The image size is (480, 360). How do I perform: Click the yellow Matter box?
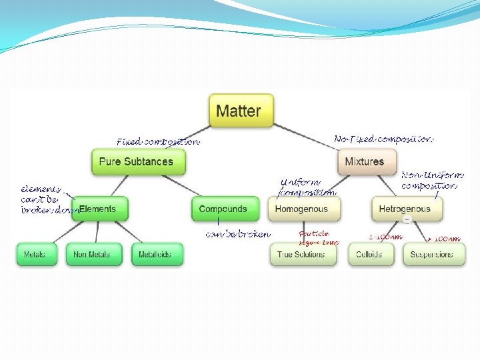(241, 110)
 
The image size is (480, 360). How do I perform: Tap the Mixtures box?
(364, 161)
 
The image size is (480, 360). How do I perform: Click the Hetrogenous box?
(405, 209)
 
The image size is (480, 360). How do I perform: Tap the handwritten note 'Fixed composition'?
(157, 141)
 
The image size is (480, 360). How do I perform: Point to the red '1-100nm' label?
(385, 237)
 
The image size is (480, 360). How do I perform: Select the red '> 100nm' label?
(444, 239)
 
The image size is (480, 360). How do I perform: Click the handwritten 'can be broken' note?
(238, 234)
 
